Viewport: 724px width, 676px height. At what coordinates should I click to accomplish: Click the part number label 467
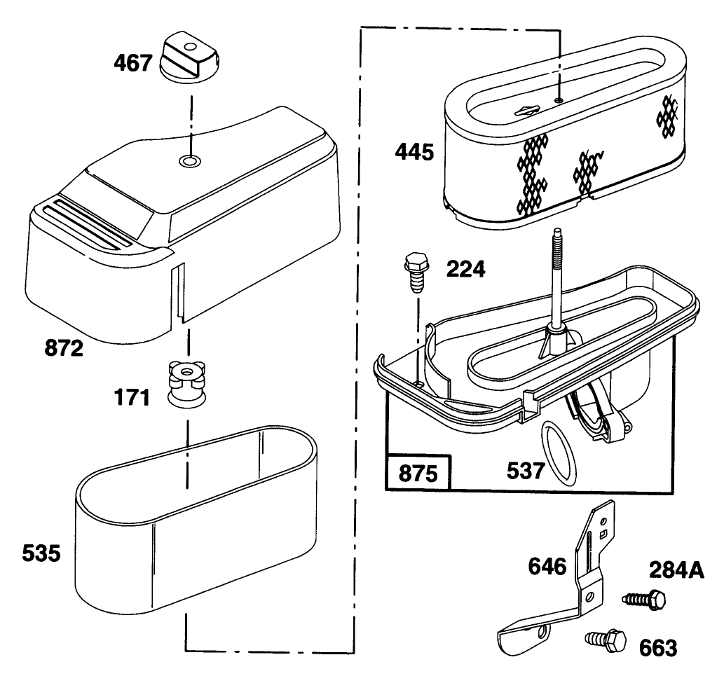[132, 63]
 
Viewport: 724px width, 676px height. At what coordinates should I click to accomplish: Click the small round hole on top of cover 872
[188, 161]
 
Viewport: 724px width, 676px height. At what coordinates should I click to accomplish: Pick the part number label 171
[132, 399]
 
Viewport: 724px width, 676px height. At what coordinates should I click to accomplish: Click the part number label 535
[40, 555]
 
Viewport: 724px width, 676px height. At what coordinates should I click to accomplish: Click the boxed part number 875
[418, 474]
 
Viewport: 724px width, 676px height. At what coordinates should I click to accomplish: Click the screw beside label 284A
[644, 600]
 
